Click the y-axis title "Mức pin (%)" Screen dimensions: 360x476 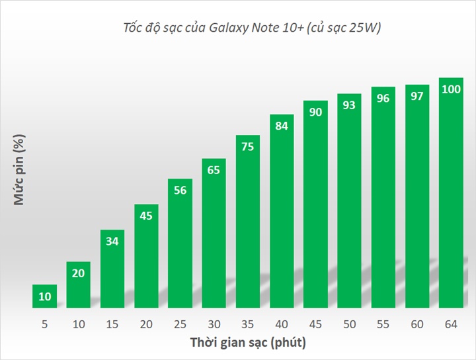pyautogui.click(x=20, y=170)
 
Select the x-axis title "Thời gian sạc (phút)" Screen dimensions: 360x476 pyautogui.click(x=248, y=343)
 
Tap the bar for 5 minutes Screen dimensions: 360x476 pyautogui.click(x=45, y=296)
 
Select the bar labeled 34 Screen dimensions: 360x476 pyautogui.click(x=112, y=268)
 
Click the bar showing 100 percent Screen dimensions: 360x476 pyautogui.click(x=451, y=192)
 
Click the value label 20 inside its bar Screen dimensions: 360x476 pyautogui.click(x=79, y=273)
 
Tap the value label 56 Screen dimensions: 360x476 pyautogui.click(x=180, y=190)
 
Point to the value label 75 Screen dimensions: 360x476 pyautogui.click(x=248, y=147)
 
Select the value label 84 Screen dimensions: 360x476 pyautogui.click(x=282, y=126)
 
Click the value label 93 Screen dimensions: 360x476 pyautogui.click(x=350, y=105)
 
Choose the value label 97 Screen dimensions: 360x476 pyautogui.click(x=417, y=97)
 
